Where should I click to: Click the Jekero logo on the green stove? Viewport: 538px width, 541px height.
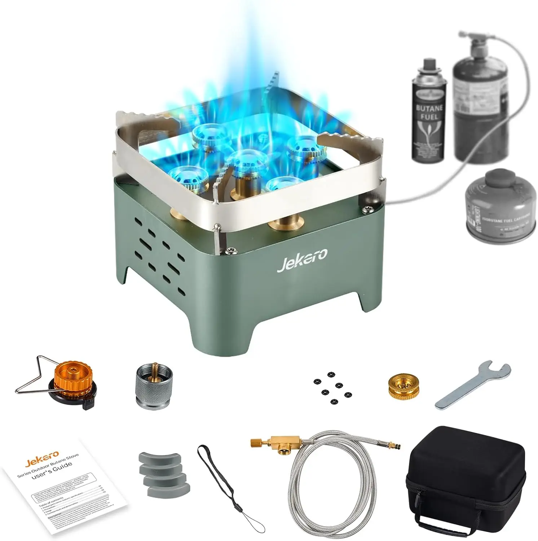pos(302,260)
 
